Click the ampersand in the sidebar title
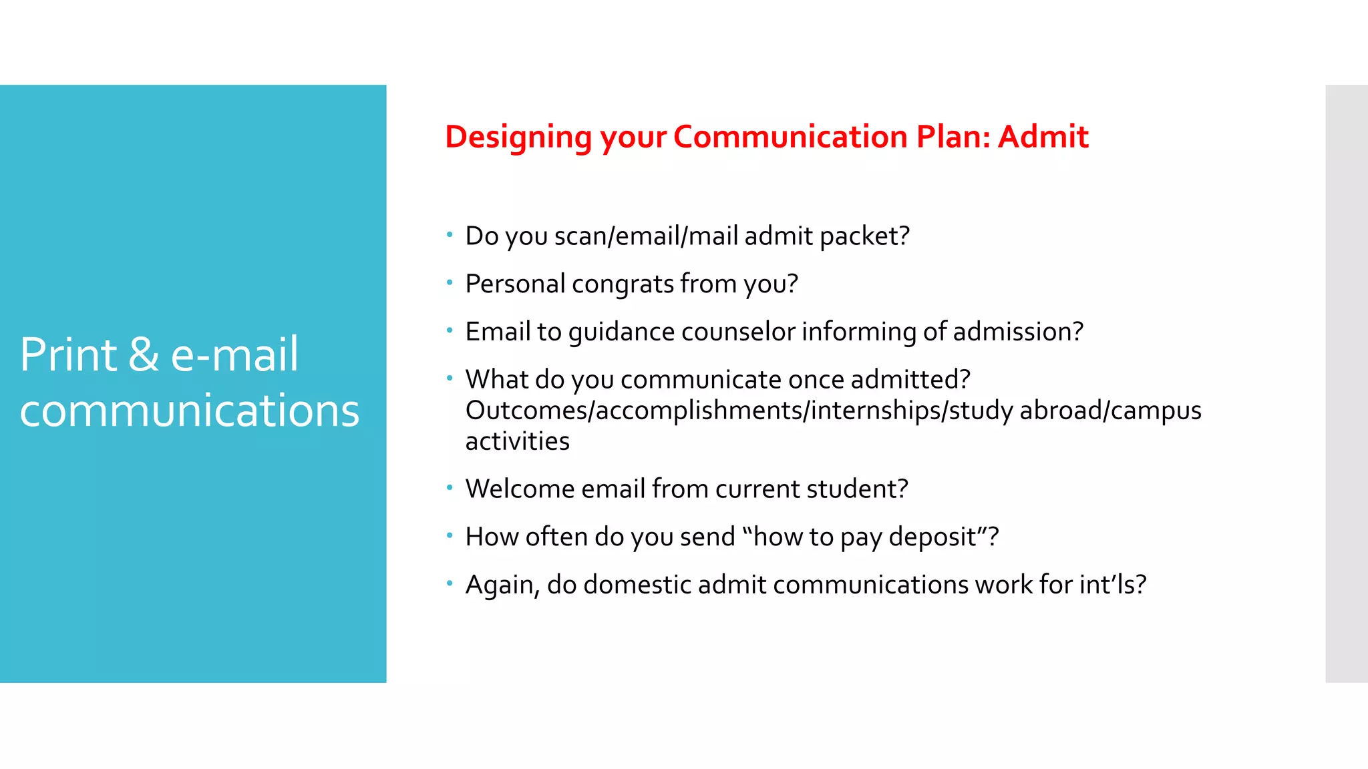[x=144, y=354]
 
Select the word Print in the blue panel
[x=68, y=354]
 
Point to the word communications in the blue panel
[x=190, y=410]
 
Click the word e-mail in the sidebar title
[x=234, y=354]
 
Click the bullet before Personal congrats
[x=450, y=282]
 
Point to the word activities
[x=517, y=441]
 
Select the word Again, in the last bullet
[x=502, y=585]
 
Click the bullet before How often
[x=450, y=535]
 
